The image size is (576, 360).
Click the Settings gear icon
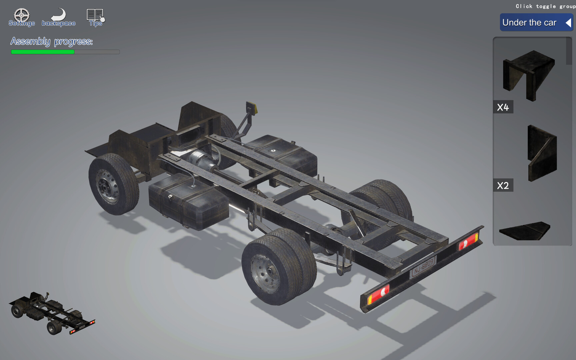click(x=22, y=15)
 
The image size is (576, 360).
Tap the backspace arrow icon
click(x=59, y=15)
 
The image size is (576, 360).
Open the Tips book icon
click(x=95, y=15)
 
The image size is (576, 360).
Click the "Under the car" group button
click(x=529, y=23)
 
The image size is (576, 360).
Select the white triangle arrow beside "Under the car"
click(x=568, y=23)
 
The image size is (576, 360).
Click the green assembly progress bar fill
click(x=43, y=52)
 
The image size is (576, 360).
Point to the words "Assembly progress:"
click(x=52, y=41)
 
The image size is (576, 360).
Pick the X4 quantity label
click(x=503, y=107)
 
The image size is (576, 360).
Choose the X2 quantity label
click(x=503, y=185)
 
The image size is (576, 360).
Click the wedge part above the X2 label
click(x=542, y=153)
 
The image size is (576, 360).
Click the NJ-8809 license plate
click(x=423, y=267)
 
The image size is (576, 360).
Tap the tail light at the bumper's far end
click(x=468, y=241)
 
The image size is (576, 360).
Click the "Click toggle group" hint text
click(x=545, y=6)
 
